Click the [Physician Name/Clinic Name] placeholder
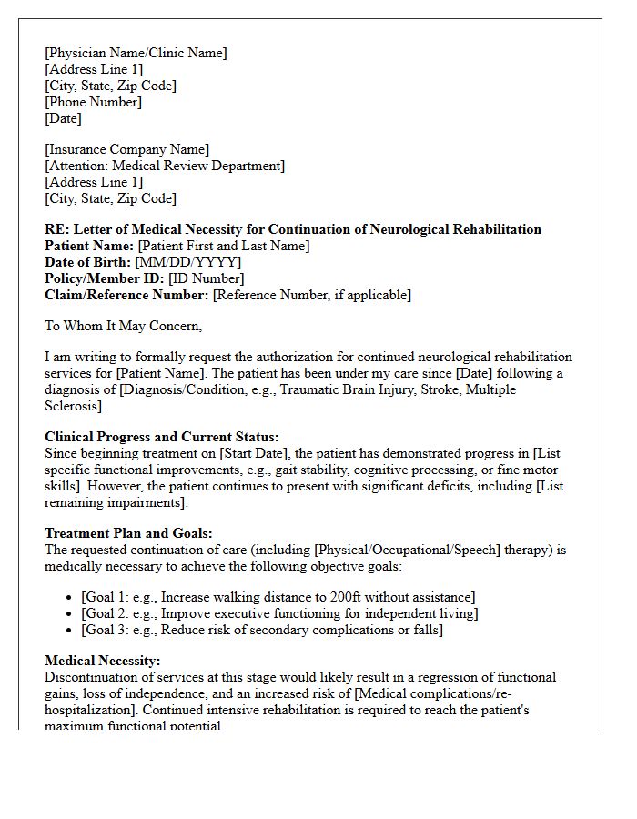[136, 53]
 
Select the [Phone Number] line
[93, 102]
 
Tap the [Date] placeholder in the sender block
[63, 118]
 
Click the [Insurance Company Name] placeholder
[126, 149]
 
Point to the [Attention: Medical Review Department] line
[165, 166]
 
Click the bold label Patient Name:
[89, 246]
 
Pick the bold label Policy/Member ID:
[104, 278]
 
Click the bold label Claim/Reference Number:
[126, 295]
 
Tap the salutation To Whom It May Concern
[123, 326]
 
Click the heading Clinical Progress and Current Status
[161, 437]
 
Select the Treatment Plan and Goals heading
[128, 533]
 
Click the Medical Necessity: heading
[102, 661]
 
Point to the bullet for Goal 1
[72, 598]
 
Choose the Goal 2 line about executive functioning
[279, 613]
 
